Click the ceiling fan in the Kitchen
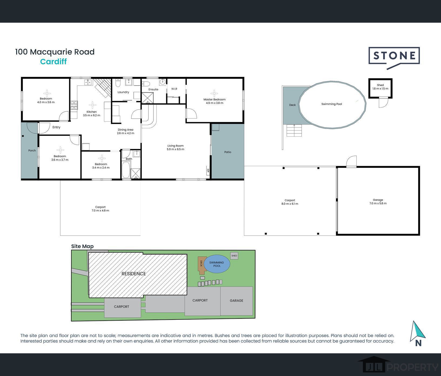pyautogui.click(x=92, y=105)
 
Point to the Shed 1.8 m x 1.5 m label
pyautogui.click(x=380, y=87)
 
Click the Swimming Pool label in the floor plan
pyautogui.click(x=332, y=104)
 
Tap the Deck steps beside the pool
pyautogui.click(x=294, y=130)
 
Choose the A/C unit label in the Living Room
pyautogui.click(x=208, y=170)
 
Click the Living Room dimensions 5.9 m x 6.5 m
pyautogui.click(x=176, y=149)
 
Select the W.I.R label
pyautogui.click(x=174, y=89)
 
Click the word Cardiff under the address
pyautogui.click(x=53, y=62)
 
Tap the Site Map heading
pyautogui.click(x=82, y=246)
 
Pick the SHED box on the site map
pyautogui.click(x=234, y=256)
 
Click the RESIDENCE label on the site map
pyautogui.click(x=133, y=274)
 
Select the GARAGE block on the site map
pyautogui.click(x=237, y=301)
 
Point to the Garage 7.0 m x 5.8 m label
pyautogui.click(x=378, y=202)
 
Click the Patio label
pyautogui.click(x=228, y=152)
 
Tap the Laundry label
pyautogui.click(x=123, y=92)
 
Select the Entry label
pyautogui.click(x=56, y=127)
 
